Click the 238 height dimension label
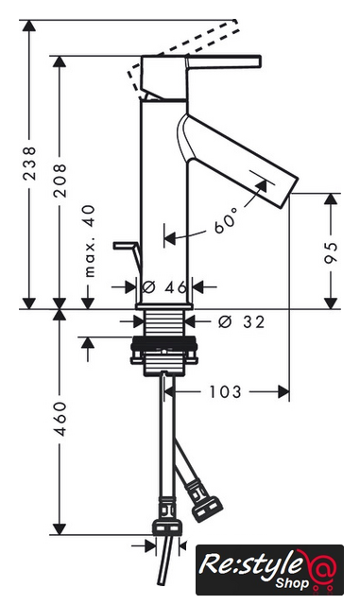pos(29,163)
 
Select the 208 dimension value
pos(60,181)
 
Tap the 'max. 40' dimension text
pos(90,241)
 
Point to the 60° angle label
pos(226,220)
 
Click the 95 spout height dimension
pos(331,252)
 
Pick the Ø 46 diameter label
pos(165,286)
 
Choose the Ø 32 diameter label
pos(242,321)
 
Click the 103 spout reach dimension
pos(225,392)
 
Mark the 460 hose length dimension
pos(60,419)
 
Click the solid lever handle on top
pos(224,62)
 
